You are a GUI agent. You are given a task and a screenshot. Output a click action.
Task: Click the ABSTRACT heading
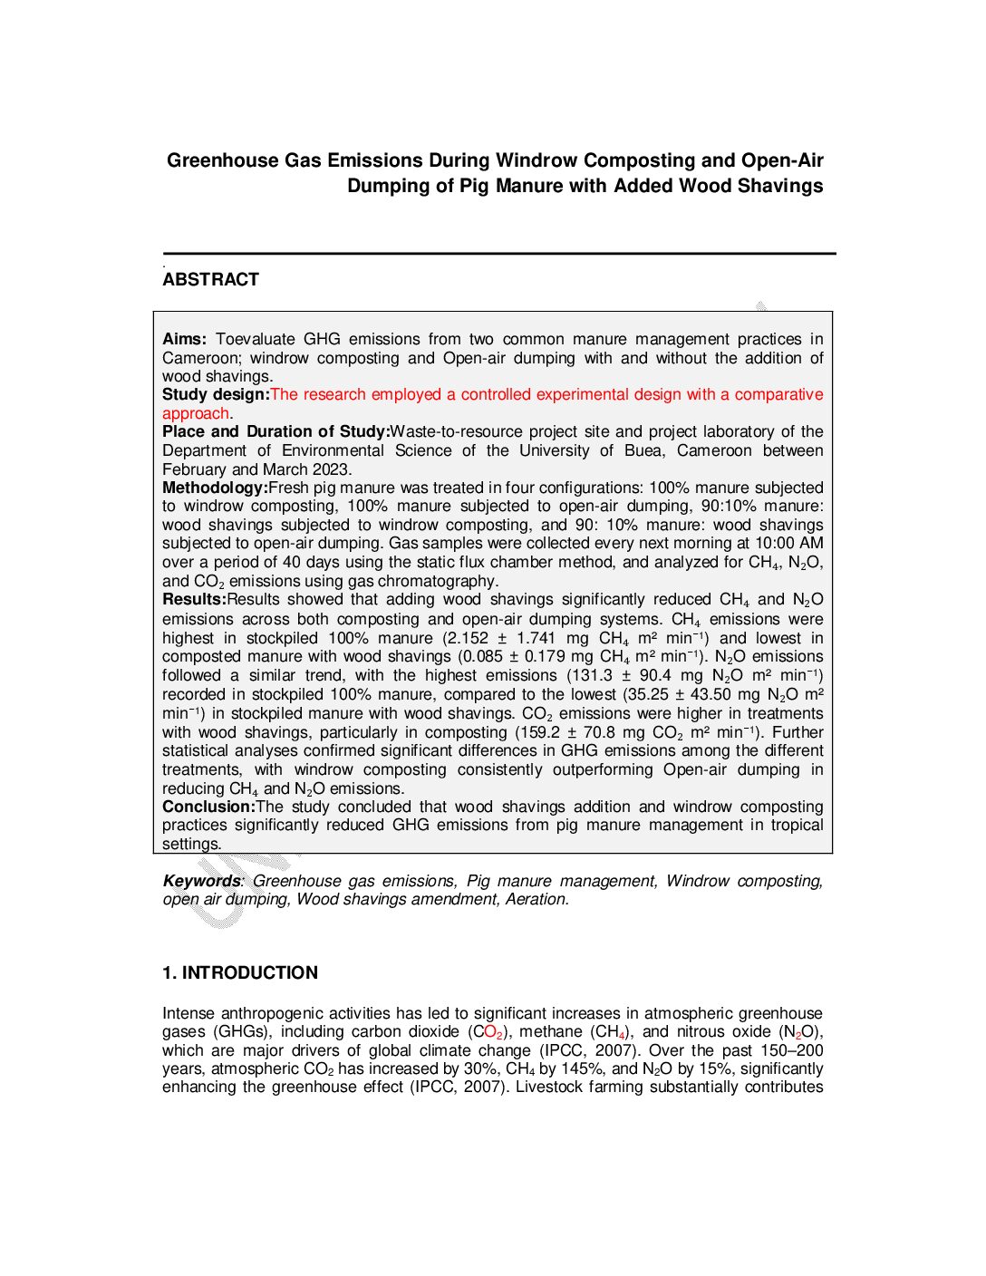click(x=210, y=280)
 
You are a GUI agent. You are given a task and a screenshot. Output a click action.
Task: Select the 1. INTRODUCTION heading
click(x=240, y=973)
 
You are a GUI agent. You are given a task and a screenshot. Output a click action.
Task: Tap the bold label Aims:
click(x=185, y=340)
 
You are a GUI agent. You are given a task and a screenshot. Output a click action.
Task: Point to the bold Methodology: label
click(x=215, y=488)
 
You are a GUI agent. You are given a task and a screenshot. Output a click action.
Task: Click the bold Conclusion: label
click(x=208, y=807)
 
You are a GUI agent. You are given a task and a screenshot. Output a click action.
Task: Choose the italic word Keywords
click(x=202, y=881)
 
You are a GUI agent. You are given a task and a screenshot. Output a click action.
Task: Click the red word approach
click(x=196, y=414)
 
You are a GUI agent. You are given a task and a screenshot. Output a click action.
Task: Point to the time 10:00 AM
click(x=788, y=544)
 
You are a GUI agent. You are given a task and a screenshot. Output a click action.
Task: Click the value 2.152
click(x=466, y=638)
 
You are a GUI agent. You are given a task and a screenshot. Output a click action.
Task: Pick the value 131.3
click(x=590, y=676)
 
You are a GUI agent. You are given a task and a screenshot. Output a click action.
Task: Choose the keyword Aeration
click(x=537, y=900)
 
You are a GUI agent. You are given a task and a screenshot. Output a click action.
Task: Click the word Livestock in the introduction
click(x=549, y=1087)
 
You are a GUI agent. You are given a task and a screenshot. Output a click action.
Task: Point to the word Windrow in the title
click(x=536, y=161)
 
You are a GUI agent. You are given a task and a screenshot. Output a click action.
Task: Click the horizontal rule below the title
click(x=499, y=254)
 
